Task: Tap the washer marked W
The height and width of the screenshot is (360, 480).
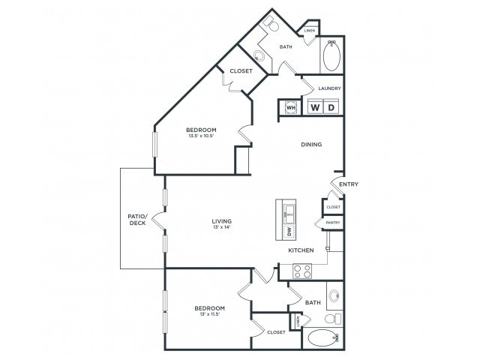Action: click(x=315, y=107)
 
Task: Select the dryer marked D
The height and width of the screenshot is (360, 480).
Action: click(x=331, y=107)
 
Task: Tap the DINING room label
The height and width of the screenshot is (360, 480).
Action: click(x=311, y=145)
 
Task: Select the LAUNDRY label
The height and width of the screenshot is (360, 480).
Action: click(x=329, y=88)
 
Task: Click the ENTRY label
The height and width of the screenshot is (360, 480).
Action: click(x=348, y=184)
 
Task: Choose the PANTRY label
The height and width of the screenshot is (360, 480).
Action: click(x=333, y=223)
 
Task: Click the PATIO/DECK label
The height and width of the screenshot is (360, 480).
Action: click(x=136, y=220)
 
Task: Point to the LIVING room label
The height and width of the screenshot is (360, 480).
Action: click(x=221, y=221)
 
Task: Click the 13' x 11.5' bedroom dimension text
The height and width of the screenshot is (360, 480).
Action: click(x=210, y=315)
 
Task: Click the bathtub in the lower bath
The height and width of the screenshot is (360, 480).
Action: click(x=323, y=338)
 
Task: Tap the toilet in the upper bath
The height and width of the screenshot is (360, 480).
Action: click(x=274, y=27)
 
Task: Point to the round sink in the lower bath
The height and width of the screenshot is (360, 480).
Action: click(x=333, y=295)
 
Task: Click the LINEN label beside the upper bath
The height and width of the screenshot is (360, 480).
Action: click(x=308, y=31)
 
